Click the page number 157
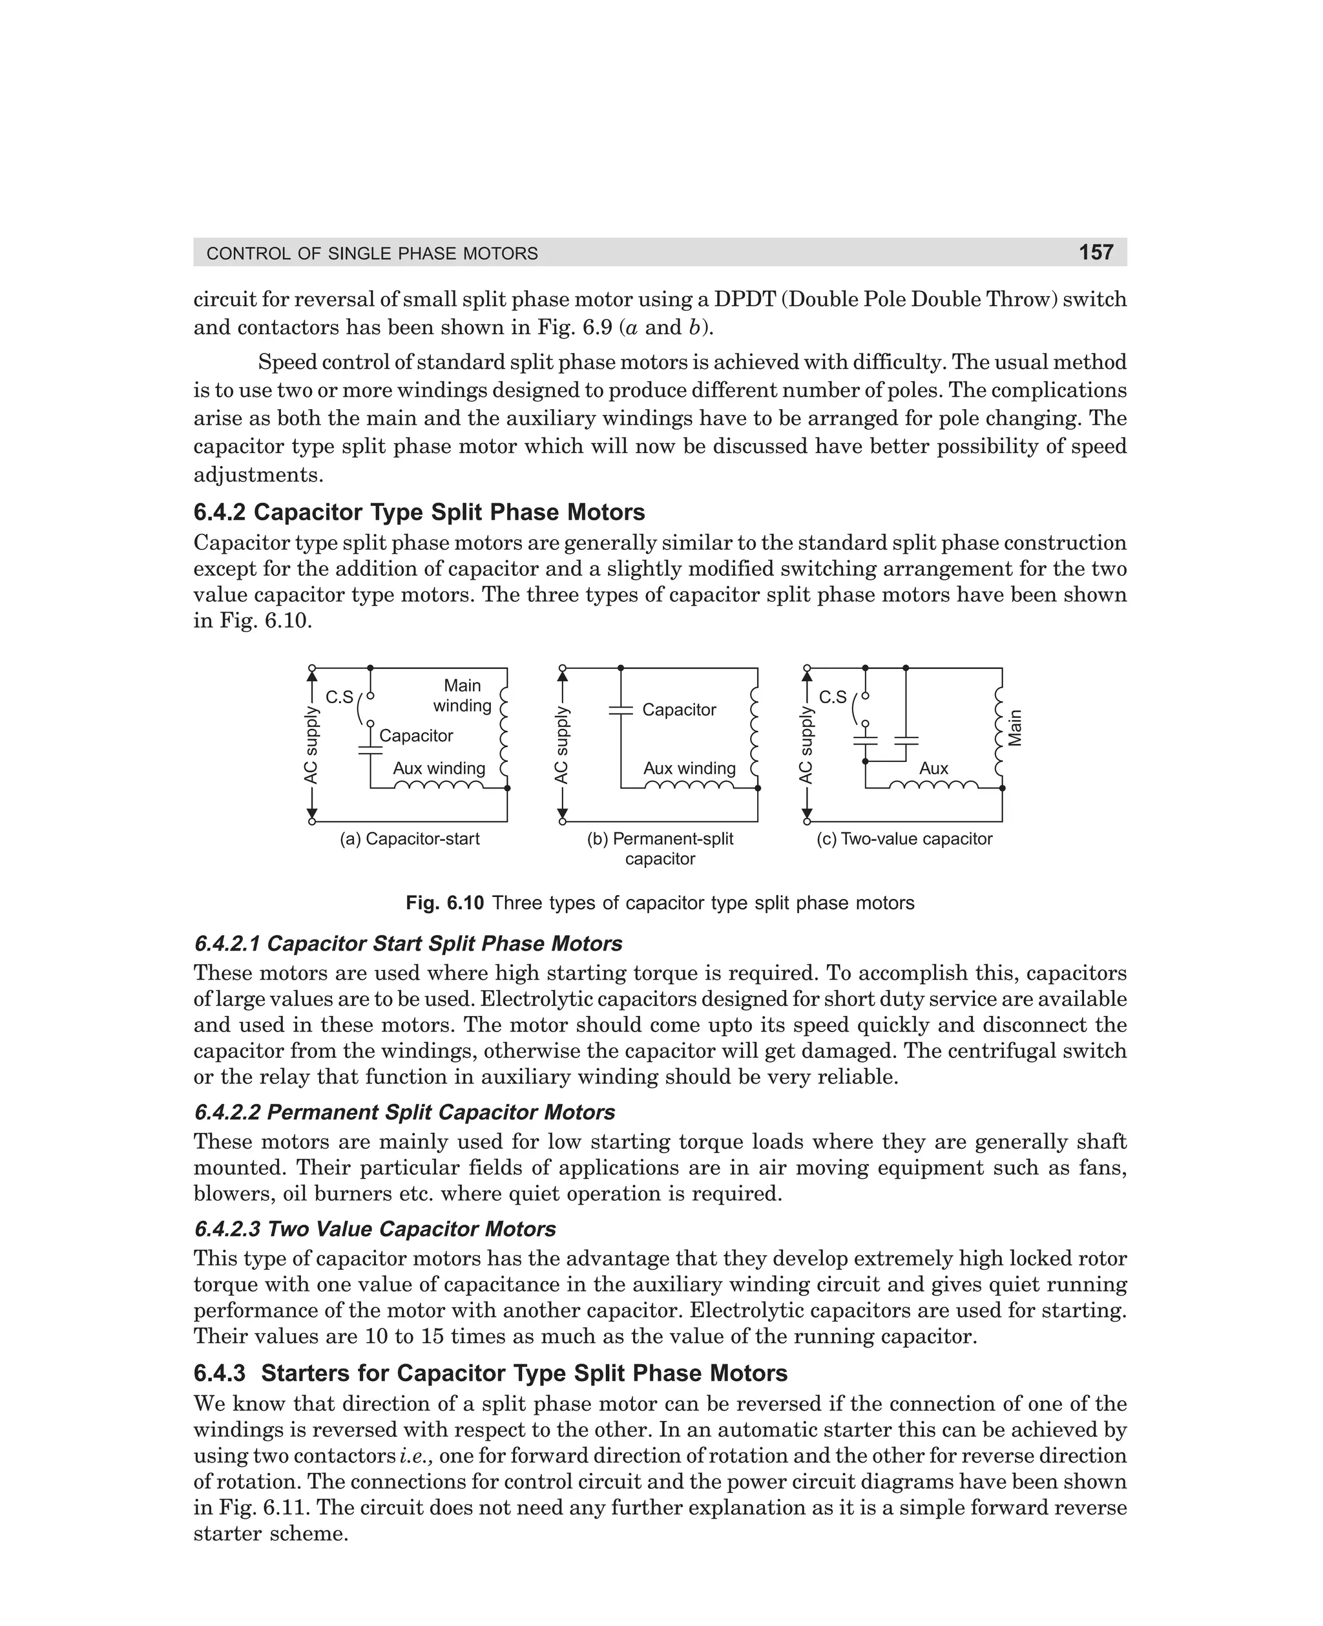click(x=1096, y=252)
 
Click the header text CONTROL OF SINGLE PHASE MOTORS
click(x=372, y=254)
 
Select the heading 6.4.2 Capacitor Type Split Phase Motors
click(x=419, y=512)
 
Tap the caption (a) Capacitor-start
click(x=410, y=839)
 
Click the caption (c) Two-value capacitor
click(x=904, y=839)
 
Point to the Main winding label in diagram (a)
click(x=463, y=695)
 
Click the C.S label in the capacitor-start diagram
click(x=339, y=697)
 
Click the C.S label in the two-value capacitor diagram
click(x=832, y=697)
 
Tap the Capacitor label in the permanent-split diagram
click(x=679, y=710)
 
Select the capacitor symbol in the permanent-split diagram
click(x=621, y=710)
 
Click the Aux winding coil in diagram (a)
click(x=439, y=785)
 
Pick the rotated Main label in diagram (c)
click(x=1014, y=728)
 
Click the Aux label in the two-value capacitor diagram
click(x=933, y=768)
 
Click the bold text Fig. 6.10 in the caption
click(x=444, y=903)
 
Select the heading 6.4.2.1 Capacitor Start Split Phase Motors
click(x=408, y=944)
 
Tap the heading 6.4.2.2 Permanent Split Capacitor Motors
click(x=404, y=1112)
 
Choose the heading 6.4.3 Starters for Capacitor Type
click(x=491, y=1373)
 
